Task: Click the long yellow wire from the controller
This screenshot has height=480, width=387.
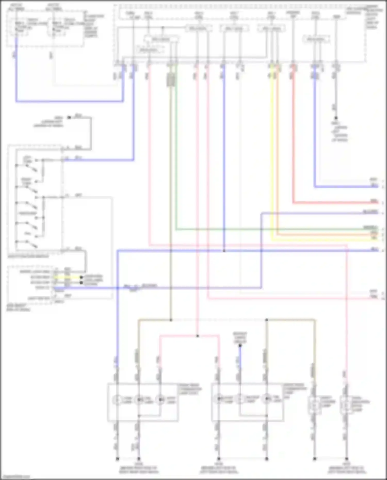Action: click(x=272, y=155)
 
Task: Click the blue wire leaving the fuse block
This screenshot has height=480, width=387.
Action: click(x=16, y=77)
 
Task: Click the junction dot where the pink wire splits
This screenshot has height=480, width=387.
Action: click(x=198, y=336)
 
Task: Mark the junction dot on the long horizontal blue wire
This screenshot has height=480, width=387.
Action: click(x=224, y=251)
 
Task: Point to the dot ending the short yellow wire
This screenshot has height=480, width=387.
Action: click(x=81, y=278)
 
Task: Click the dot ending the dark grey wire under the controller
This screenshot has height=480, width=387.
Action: click(x=336, y=118)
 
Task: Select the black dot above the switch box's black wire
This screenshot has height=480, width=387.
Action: click(x=69, y=118)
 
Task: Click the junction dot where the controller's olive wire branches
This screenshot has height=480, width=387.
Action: click(x=171, y=320)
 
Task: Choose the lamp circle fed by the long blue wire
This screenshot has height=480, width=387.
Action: click(x=117, y=400)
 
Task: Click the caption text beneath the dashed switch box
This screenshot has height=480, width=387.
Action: click(x=28, y=256)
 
